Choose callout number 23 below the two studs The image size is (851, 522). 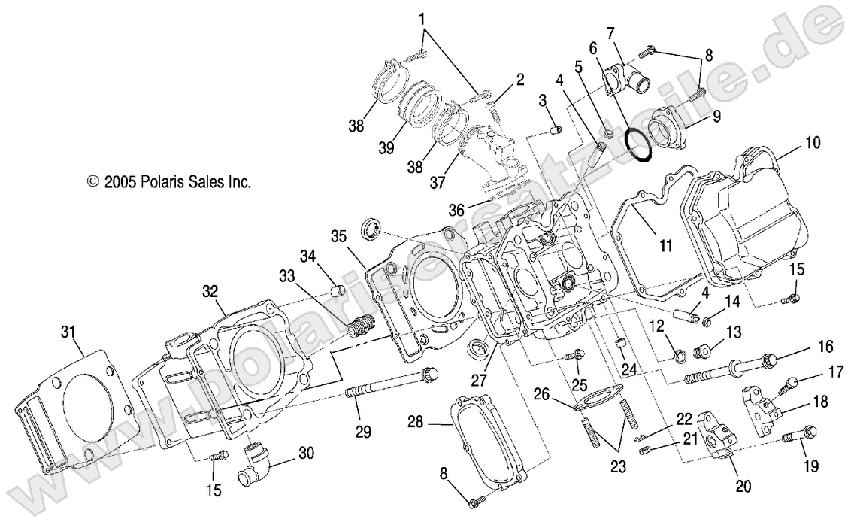(x=618, y=466)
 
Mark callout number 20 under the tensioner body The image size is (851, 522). (x=743, y=486)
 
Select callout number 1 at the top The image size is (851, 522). (x=422, y=17)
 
